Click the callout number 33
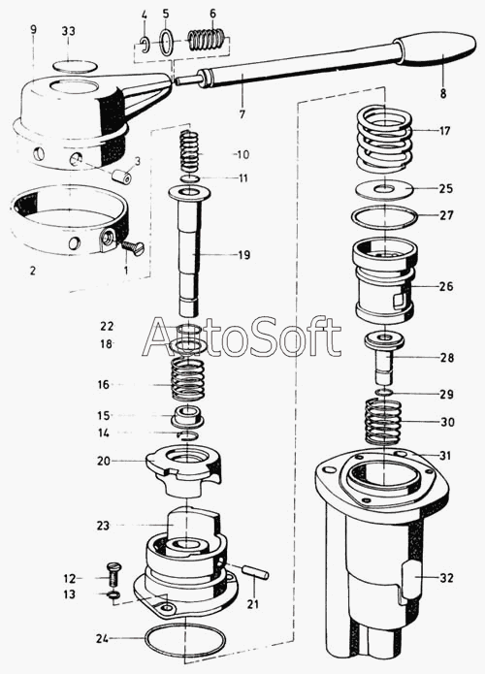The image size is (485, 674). tap(68, 31)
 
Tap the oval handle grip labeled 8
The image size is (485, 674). tap(436, 48)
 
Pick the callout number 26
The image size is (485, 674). tap(446, 286)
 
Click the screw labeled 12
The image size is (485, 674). tap(113, 573)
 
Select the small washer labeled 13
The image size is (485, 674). tap(113, 595)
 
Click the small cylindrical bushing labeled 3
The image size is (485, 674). tap(121, 177)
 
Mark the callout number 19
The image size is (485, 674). tap(244, 255)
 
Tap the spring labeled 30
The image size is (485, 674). tap(383, 422)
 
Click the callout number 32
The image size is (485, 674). tap(446, 578)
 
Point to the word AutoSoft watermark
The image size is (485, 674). tap(242, 337)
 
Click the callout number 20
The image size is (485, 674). tap(104, 461)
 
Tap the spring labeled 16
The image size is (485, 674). tap(187, 379)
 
